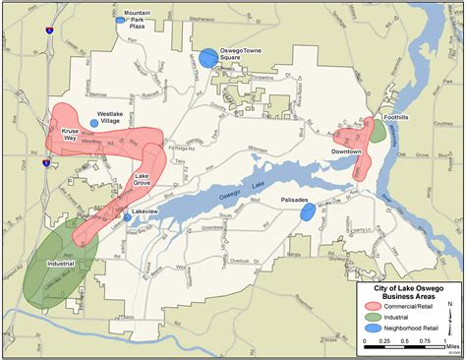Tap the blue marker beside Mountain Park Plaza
click(121, 20)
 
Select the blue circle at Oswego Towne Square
click(207, 58)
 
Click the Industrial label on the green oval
click(60, 264)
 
